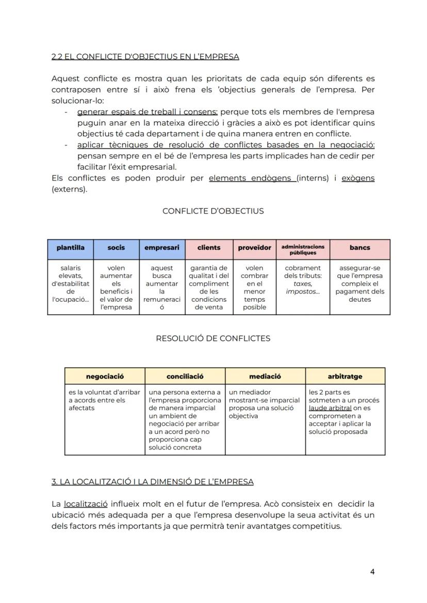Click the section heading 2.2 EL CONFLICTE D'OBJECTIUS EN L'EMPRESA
coord(145,57)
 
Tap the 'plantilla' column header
coord(70,248)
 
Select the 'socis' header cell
coord(116,248)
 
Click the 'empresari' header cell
coord(162,248)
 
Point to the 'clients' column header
coord(209,248)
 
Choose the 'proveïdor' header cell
coord(254,248)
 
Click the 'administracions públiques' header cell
coord(303,250)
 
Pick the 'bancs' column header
coord(359,248)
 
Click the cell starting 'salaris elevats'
coord(70,287)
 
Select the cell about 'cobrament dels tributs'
coord(303,280)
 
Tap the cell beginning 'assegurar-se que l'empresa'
coord(359,284)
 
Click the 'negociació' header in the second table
coord(105,377)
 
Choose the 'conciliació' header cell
coord(185,377)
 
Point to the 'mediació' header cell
coord(265,377)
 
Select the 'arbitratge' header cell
coord(345,377)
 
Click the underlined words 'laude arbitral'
coord(330,408)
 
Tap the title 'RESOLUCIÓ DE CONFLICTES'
coord(213,338)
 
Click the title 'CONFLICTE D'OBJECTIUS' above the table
coord(213,211)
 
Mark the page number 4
coord(372,572)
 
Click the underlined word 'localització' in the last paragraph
coord(86,503)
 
